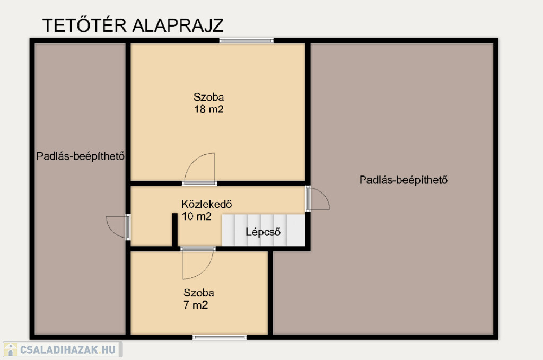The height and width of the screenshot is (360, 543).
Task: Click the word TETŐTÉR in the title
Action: pos(84,25)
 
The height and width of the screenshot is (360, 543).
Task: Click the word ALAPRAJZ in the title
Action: pos(178,25)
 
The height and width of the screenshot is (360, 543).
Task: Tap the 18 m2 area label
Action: pos(209,109)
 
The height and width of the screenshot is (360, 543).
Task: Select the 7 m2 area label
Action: pos(196,305)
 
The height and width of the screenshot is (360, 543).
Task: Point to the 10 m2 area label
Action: pos(196,216)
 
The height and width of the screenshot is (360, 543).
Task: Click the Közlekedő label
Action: pos(207,204)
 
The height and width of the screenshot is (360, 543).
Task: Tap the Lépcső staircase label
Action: pos(263,232)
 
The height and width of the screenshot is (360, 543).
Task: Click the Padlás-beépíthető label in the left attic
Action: pos(81,156)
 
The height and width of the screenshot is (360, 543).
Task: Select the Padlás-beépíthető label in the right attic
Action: pos(404,180)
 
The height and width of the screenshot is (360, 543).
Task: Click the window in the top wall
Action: pos(246,41)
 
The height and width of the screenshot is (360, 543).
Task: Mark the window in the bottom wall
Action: pos(220,337)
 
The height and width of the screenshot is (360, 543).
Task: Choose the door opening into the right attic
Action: pos(318,198)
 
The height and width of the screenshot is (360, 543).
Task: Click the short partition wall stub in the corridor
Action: pos(175,230)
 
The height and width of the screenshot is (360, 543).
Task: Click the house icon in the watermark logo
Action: pos(11,349)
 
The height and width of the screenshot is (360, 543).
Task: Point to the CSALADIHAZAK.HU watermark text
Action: pos(68,349)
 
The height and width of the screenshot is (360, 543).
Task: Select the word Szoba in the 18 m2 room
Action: pos(208,97)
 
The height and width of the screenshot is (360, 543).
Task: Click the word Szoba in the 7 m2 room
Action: pos(199,293)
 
